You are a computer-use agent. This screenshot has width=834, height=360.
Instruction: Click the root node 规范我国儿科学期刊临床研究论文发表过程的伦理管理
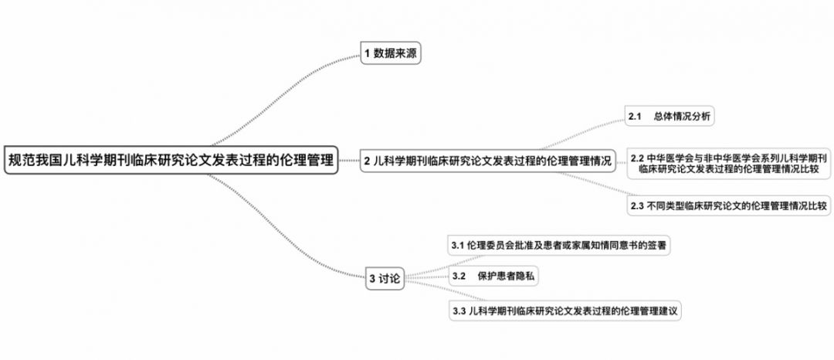click(x=171, y=161)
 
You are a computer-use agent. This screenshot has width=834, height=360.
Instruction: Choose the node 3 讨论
click(x=385, y=280)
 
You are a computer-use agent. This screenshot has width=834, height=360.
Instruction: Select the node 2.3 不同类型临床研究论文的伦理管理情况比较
click(x=729, y=206)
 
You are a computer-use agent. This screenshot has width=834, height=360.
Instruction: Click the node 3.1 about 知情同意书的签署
click(x=560, y=246)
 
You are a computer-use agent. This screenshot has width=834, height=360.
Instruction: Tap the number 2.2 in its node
click(x=638, y=158)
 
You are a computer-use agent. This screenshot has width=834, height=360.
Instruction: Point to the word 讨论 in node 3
click(x=390, y=280)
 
